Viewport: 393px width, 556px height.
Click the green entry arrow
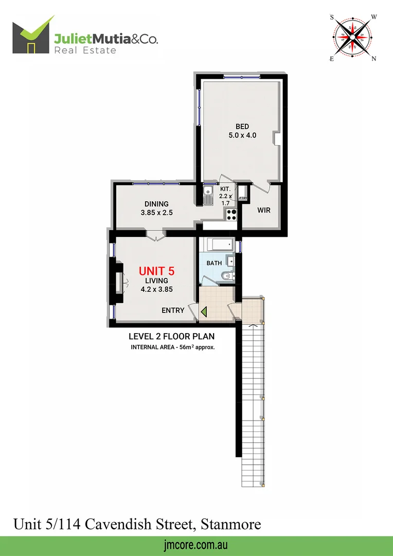(204, 311)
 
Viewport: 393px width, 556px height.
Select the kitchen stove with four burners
(231, 214)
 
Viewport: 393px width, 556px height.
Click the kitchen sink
(208, 196)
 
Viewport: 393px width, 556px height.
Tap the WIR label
(264, 211)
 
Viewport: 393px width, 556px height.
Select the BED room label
(242, 127)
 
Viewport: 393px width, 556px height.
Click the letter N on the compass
(374, 58)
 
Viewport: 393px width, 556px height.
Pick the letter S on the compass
(332, 16)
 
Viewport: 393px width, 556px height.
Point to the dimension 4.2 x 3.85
(156, 289)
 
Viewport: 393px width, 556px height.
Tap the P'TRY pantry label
(243, 198)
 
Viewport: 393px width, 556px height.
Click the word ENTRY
(173, 310)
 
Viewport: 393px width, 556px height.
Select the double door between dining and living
(154, 236)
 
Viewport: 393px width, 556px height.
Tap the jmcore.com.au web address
(196, 545)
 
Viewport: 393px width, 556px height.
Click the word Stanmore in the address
(231, 525)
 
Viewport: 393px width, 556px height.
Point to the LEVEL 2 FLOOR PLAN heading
(171, 337)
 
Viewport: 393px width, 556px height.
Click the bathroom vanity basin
(230, 262)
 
